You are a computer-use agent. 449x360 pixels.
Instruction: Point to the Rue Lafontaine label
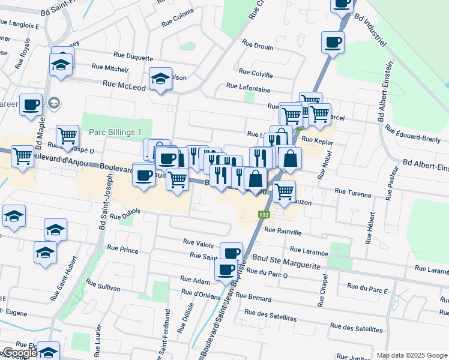tap(248, 88)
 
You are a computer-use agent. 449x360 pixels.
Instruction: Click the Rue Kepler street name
tap(317, 139)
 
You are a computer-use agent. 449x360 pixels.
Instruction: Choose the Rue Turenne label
tap(349, 191)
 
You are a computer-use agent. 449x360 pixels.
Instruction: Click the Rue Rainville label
tap(282, 231)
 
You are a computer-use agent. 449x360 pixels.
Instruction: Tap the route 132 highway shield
tap(264, 214)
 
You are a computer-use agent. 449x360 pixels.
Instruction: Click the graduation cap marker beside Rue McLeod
tap(160, 79)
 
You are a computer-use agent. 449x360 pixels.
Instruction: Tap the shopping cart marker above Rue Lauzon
tap(284, 192)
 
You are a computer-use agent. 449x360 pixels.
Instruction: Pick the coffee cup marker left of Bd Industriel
tap(333, 42)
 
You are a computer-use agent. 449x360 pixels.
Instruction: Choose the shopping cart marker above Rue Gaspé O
tap(67, 135)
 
